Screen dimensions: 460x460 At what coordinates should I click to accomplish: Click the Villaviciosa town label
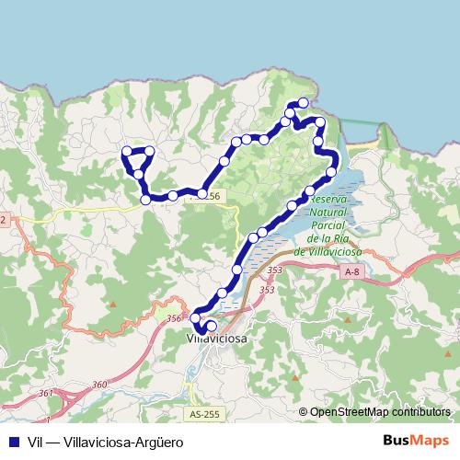[x=217, y=339]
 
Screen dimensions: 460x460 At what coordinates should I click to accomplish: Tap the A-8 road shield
[x=351, y=272]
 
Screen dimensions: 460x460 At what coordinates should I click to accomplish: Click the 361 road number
[x=45, y=393]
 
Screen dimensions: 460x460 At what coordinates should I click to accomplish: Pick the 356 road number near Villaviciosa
[x=175, y=318]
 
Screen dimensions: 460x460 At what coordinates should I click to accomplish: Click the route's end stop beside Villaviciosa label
[x=211, y=326]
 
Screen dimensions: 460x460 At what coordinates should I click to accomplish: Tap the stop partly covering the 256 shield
[x=201, y=194]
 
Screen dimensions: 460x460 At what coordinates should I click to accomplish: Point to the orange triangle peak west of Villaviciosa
[x=113, y=304]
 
